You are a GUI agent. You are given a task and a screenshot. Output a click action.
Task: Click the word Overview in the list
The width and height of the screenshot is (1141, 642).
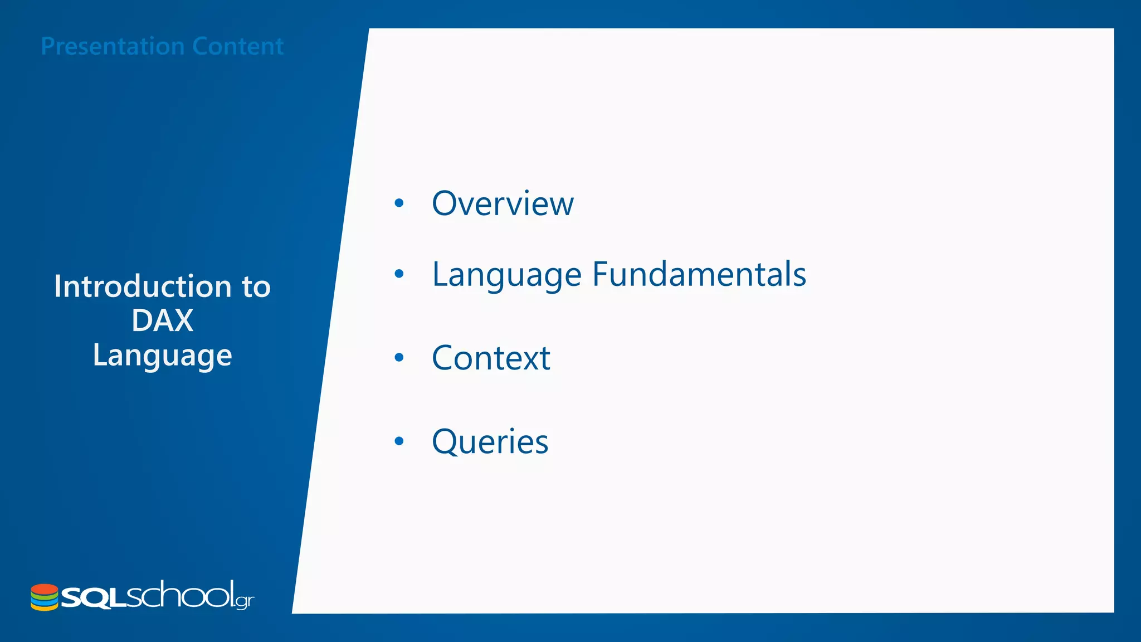503,203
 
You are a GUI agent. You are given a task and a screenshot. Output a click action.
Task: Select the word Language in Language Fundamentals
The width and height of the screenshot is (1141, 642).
506,275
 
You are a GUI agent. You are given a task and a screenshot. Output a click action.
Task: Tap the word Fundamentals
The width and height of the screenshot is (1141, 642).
699,274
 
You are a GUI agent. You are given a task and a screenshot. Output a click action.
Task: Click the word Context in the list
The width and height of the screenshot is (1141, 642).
491,358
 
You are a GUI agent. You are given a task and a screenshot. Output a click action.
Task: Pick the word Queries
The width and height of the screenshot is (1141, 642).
490,442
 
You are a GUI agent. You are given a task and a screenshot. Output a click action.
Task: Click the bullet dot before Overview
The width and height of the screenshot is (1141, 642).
399,203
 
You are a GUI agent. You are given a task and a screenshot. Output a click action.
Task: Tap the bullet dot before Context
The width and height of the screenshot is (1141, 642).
399,358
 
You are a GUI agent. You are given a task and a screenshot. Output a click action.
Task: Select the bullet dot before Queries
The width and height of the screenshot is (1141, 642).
399,441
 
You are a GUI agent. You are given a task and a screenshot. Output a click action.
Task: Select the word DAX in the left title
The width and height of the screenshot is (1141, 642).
162,320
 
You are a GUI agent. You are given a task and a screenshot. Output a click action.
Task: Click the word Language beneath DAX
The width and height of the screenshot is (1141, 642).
162,356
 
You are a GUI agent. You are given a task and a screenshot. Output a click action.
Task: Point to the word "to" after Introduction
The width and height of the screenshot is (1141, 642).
256,286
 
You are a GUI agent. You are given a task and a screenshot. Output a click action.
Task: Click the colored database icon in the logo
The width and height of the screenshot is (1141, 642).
45,597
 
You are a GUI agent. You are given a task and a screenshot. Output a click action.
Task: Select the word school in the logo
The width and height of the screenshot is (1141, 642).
179,595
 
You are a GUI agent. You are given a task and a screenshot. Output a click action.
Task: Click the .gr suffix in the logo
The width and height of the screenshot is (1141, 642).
245,601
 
